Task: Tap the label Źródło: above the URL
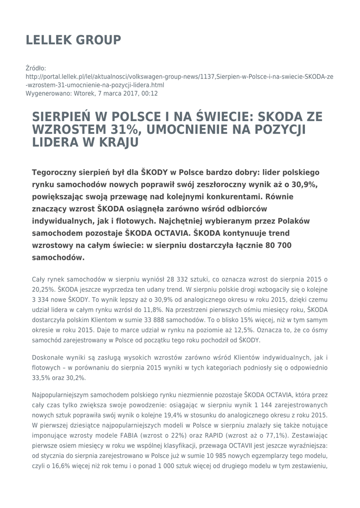36,68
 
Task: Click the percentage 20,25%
43,289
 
